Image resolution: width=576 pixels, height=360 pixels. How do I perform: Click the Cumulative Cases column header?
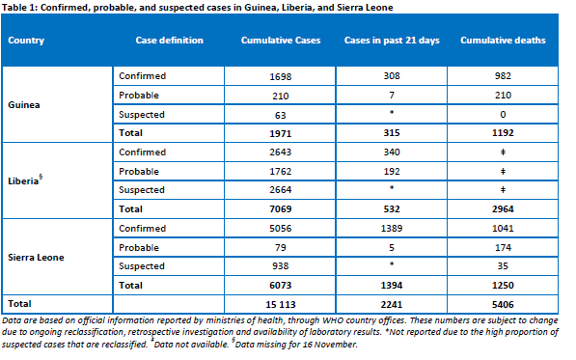coord(281,40)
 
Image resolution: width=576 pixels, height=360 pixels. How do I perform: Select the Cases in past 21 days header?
coord(392,40)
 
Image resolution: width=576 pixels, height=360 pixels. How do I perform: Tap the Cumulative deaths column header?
coord(503,40)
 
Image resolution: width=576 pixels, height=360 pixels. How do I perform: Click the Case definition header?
coord(170,40)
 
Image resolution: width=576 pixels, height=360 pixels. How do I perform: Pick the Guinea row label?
coord(24,104)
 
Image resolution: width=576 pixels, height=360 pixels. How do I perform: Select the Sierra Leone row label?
coord(36,257)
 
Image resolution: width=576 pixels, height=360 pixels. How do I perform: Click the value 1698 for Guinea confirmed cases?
coord(281,76)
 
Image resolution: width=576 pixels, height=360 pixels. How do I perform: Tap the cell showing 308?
coord(392,75)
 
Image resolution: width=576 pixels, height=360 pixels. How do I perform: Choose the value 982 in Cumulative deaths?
coord(503,75)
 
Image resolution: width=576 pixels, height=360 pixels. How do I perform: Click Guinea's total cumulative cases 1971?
coord(281,133)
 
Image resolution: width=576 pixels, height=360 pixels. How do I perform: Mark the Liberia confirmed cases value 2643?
coord(281,152)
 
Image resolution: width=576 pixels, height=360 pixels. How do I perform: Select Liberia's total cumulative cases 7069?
coord(281,209)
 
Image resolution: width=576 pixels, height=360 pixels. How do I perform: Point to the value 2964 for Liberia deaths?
coord(503,209)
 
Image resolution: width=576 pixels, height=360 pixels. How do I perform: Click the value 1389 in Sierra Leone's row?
coord(392,228)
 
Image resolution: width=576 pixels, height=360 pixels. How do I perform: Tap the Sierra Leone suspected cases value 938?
coord(281,266)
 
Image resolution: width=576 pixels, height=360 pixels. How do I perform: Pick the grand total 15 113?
coord(281,305)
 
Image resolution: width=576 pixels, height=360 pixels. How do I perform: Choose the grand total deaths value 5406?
coord(503,305)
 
